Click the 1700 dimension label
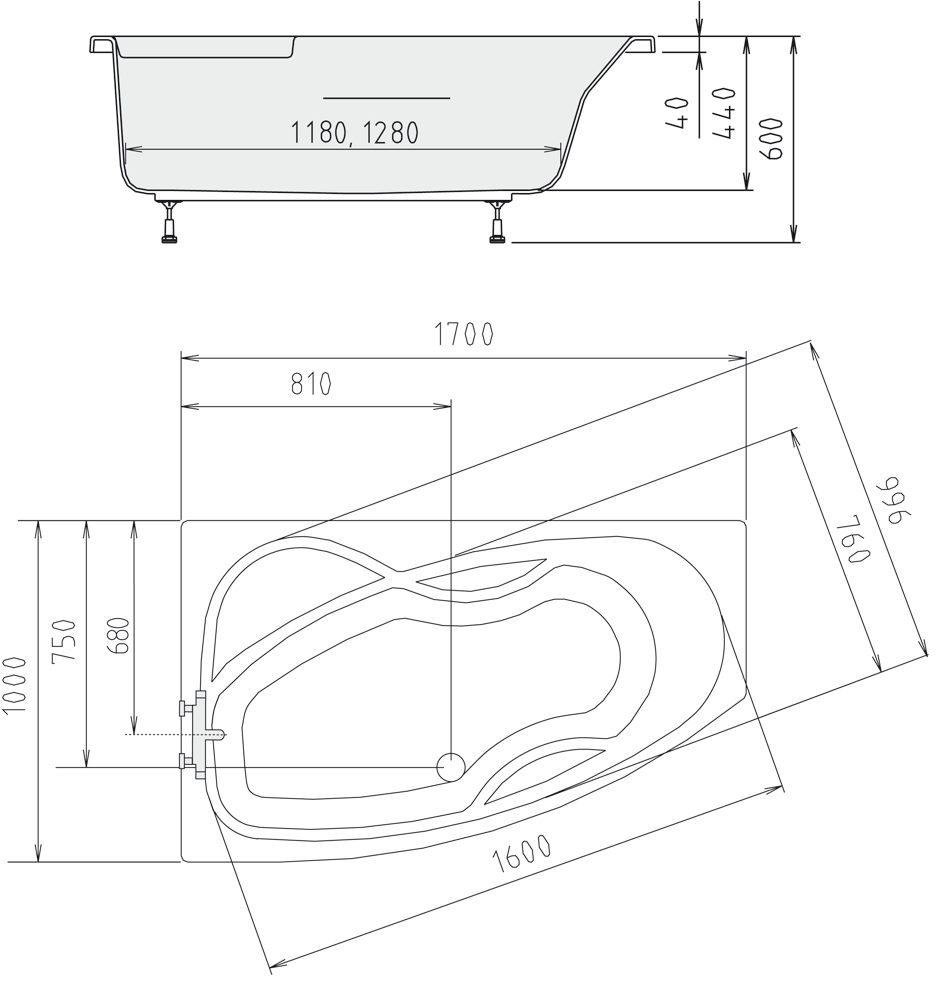point(464,334)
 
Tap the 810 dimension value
point(311,384)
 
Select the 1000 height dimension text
point(14,684)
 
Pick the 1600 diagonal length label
point(521,853)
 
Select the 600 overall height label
point(771,138)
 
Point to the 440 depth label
point(725,112)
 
